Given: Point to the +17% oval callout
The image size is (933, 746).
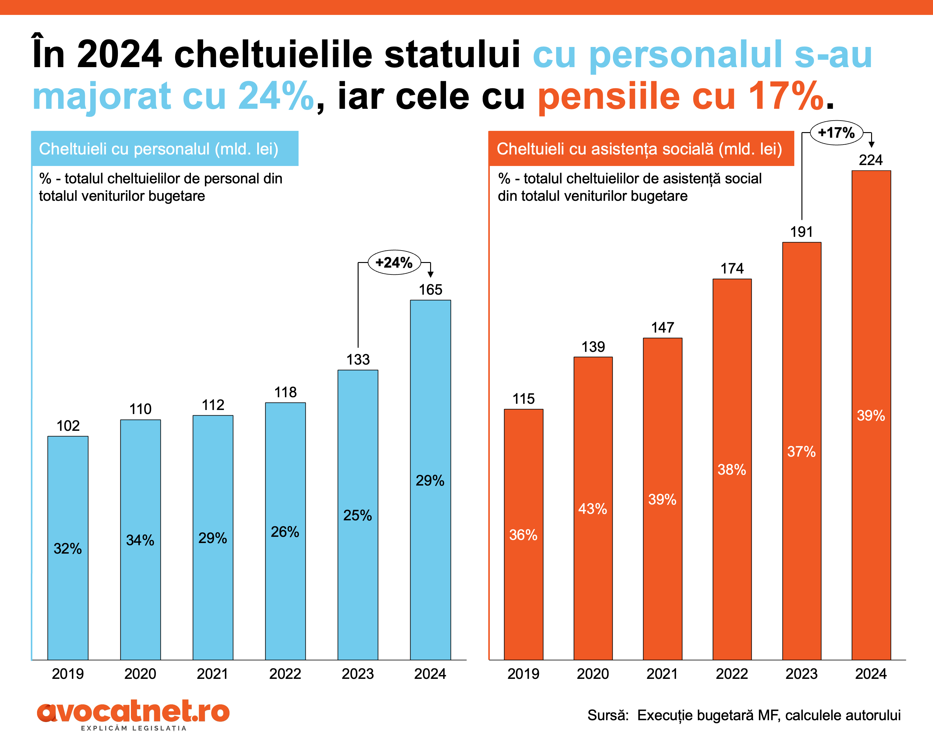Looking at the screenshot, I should [x=836, y=133].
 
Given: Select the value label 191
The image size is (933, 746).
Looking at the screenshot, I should [x=801, y=232].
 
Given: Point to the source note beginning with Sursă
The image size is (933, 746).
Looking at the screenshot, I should [x=744, y=715].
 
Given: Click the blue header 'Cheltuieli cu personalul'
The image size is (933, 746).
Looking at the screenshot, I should [x=165, y=149].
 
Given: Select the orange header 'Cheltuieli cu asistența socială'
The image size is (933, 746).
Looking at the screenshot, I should [x=640, y=149].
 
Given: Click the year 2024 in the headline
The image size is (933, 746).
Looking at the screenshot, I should [x=119, y=54].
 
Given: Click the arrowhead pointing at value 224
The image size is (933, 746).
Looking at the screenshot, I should [x=871, y=145].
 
